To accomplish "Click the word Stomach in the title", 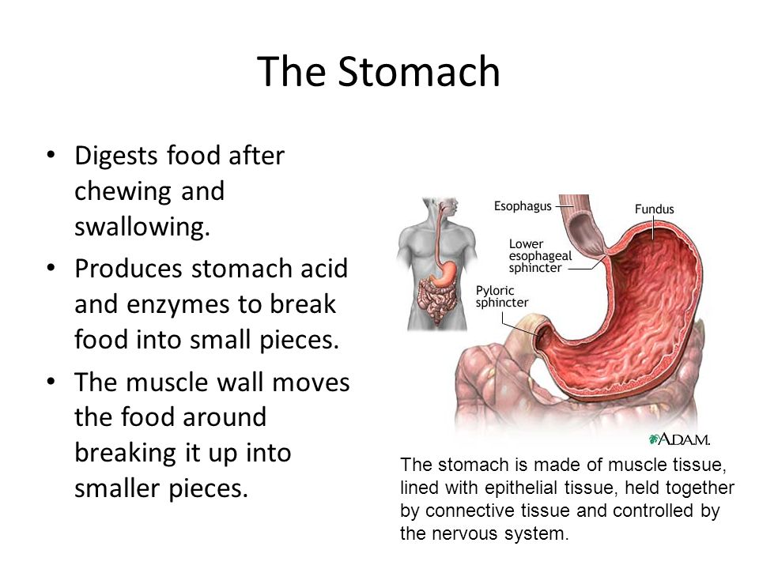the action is [x=419, y=71].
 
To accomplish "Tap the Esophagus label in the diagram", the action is [x=523, y=206].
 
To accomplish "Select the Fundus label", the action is [x=654, y=209].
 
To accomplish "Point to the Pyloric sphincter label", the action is [x=501, y=296].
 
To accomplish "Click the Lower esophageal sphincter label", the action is [x=540, y=255].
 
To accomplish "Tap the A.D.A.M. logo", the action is [x=679, y=439].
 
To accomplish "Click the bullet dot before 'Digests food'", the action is [x=51, y=155].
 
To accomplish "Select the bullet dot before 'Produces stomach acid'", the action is [x=51, y=268].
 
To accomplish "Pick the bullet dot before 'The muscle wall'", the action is [x=51, y=381].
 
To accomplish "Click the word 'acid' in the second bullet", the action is [x=324, y=269].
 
